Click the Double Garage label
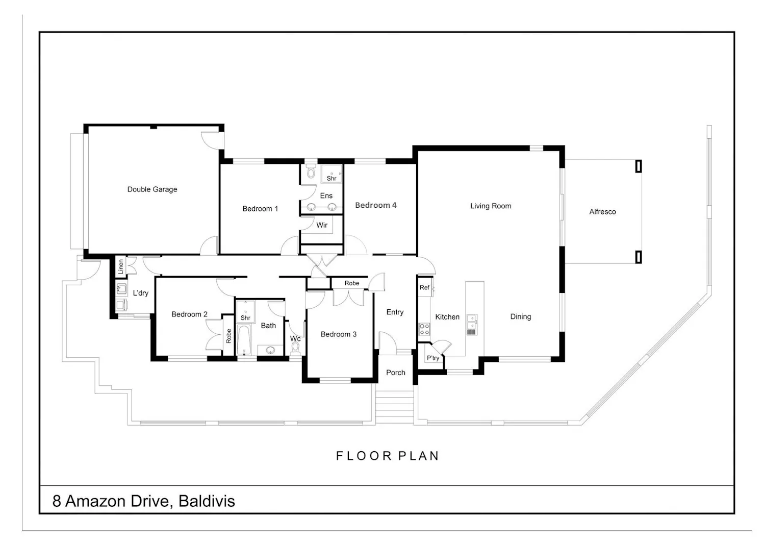(152, 189)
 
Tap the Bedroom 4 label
(376, 205)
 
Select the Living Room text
(491, 206)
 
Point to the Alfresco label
(602, 211)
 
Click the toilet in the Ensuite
(311, 171)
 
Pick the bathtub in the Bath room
(243, 340)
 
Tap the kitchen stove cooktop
(424, 329)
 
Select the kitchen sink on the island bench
(472, 324)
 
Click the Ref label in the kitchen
(424, 287)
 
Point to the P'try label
(432, 358)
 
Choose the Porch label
(395, 373)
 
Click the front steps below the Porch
(394, 404)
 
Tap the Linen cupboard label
(120, 266)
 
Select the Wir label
(322, 225)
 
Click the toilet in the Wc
(295, 349)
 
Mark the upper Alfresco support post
(639, 166)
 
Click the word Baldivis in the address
(207, 501)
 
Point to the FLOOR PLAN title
(387, 456)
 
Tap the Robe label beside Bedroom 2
(228, 336)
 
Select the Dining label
(521, 317)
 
